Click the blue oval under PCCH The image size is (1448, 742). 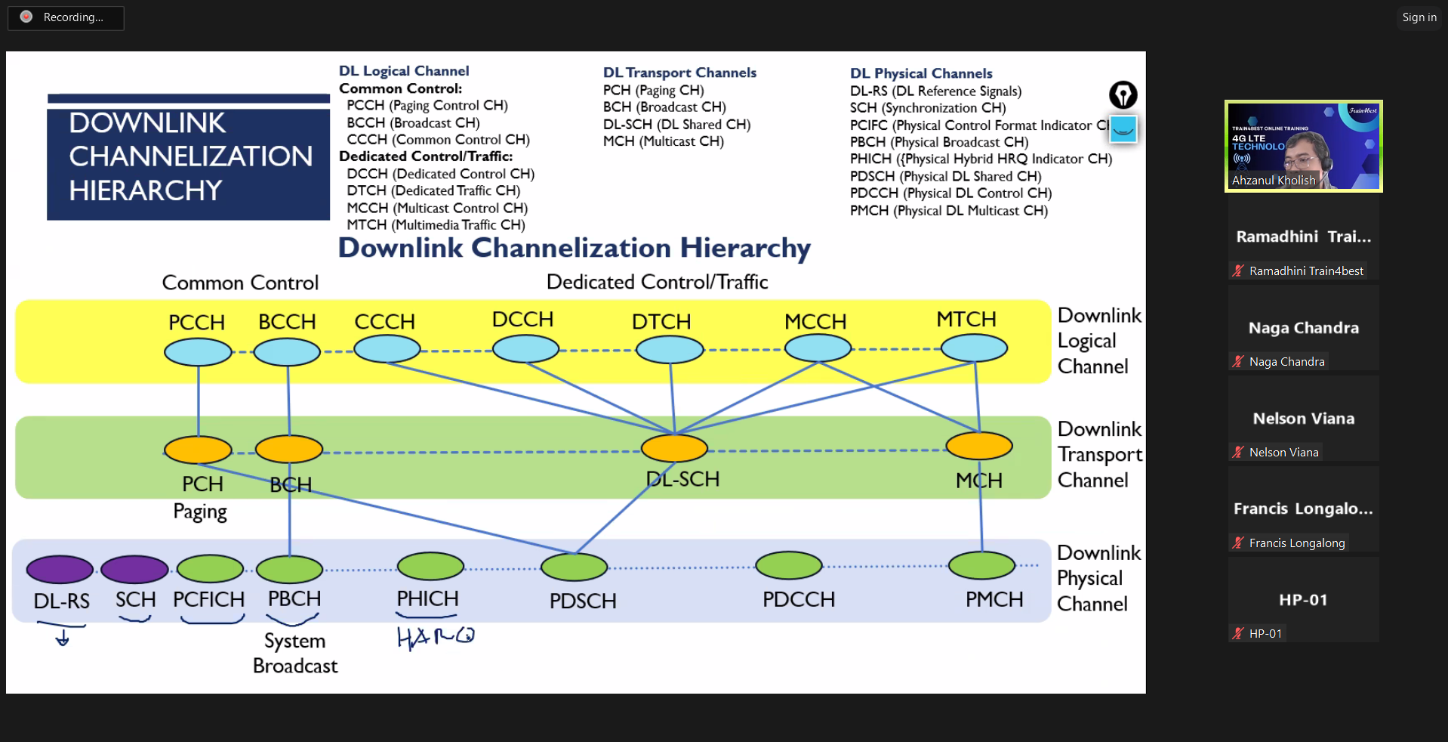pyautogui.click(x=198, y=352)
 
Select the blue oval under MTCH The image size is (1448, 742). pyautogui.click(x=974, y=348)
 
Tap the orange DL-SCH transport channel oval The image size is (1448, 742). pyautogui.click(x=674, y=448)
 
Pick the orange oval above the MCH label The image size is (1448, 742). pyautogui.click(x=979, y=446)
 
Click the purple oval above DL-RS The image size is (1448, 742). pyautogui.click(x=60, y=569)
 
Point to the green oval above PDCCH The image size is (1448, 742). pyautogui.click(x=789, y=565)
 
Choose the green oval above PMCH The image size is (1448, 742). pyautogui.click(x=981, y=565)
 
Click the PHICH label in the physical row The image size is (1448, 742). pyautogui.click(x=427, y=599)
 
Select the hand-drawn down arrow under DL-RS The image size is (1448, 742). pyautogui.click(x=63, y=638)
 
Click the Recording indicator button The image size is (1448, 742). pyautogui.click(x=66, y=17)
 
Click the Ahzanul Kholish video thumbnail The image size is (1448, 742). pyautogui.click(x=1303, y=146)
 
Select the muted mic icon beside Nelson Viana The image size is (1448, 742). pyautogui.click(x=1238, y=452)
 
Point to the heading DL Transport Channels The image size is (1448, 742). pyautogui.click(x=679, y=73)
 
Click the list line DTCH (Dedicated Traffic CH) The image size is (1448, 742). pyautogui.click(x=433, y=190)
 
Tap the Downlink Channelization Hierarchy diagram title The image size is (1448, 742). pyautogui.click(x=574, y=248)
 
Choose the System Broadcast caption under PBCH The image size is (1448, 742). pyautogui.click(x=295, y=653)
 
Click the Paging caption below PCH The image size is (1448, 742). pyautogui.click(x=200, y=512)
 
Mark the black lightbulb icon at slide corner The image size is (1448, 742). pyautogui.click(x=1123, y=95)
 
